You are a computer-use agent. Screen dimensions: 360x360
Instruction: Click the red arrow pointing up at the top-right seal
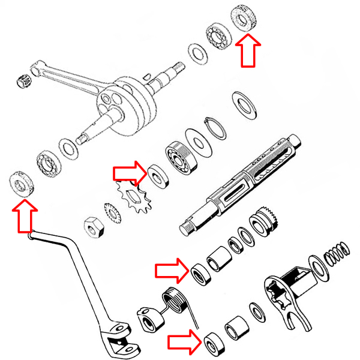point(247,51)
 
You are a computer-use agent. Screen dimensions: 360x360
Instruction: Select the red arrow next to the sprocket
point(129,173)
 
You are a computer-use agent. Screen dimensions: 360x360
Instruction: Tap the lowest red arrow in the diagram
point(184,343)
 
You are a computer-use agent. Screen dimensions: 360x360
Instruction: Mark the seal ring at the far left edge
point(23,183)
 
